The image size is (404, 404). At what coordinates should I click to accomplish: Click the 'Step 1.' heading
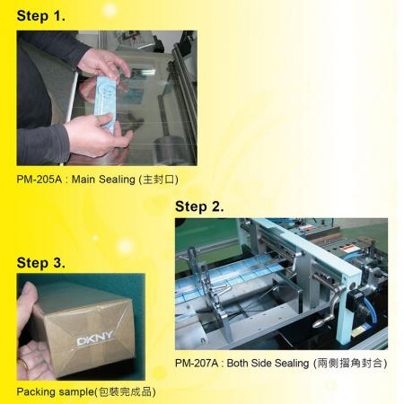40,16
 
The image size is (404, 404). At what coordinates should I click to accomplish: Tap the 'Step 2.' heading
199,206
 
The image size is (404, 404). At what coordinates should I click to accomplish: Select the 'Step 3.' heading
40,263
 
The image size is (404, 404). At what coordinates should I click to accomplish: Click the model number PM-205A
39,180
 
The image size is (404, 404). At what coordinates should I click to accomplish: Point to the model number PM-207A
198,364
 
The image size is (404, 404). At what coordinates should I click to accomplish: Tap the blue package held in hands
105,103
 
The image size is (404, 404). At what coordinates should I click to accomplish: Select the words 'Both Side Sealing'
268,364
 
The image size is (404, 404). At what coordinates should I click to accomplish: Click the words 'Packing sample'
56,392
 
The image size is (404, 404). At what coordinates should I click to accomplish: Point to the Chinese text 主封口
158,180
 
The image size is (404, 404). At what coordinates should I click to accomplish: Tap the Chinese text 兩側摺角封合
350,364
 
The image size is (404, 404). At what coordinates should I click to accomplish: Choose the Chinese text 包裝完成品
125,392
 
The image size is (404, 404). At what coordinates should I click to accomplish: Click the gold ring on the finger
24,364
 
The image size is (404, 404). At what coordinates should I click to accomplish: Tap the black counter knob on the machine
355,300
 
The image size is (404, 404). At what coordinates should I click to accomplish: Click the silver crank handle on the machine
329,306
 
